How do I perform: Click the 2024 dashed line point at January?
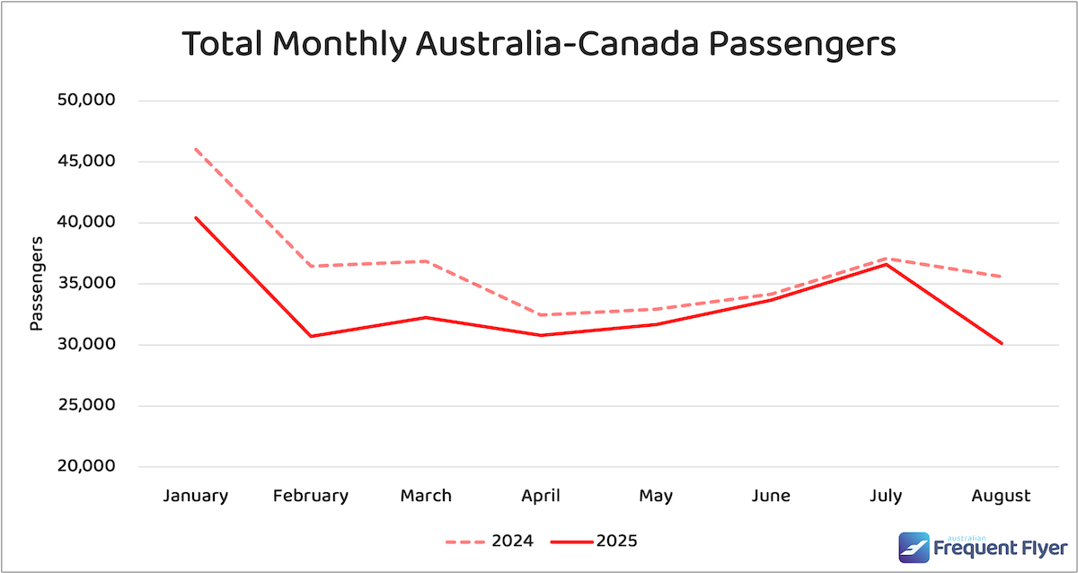tap(196, 149)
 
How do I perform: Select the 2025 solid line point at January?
tap(196, 217)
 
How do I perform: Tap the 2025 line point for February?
tap(311, 336)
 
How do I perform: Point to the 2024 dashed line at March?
tap(426, 261)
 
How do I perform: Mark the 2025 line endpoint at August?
tap(1001, 343)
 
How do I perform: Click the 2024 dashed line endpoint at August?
tap(1001, 277)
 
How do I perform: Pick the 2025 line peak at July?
tap(886, 264)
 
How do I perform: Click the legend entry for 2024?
tap(490, 542)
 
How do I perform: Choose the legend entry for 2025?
tap(593, 542)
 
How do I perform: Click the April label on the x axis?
tap(541, 496)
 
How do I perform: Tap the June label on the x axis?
tap(771, 496)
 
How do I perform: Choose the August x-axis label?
tap(1001, 496)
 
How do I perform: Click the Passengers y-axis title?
tap(36, 284)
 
